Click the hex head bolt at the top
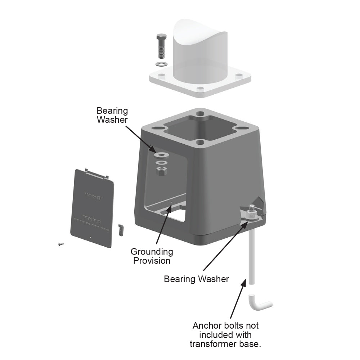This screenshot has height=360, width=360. tap(161, 47)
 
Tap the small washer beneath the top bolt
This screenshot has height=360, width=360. tap(161, 64)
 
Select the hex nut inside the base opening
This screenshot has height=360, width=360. tap(162, 171)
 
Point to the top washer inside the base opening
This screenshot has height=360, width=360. tap(162, 155)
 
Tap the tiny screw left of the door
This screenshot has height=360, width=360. tap(60, 244)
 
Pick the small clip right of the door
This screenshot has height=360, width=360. tap(121, 229)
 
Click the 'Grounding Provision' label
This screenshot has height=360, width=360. tap(152, 256)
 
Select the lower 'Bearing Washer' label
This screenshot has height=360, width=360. tap(196, 279)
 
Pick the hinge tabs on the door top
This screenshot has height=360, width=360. tap(96, 173)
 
